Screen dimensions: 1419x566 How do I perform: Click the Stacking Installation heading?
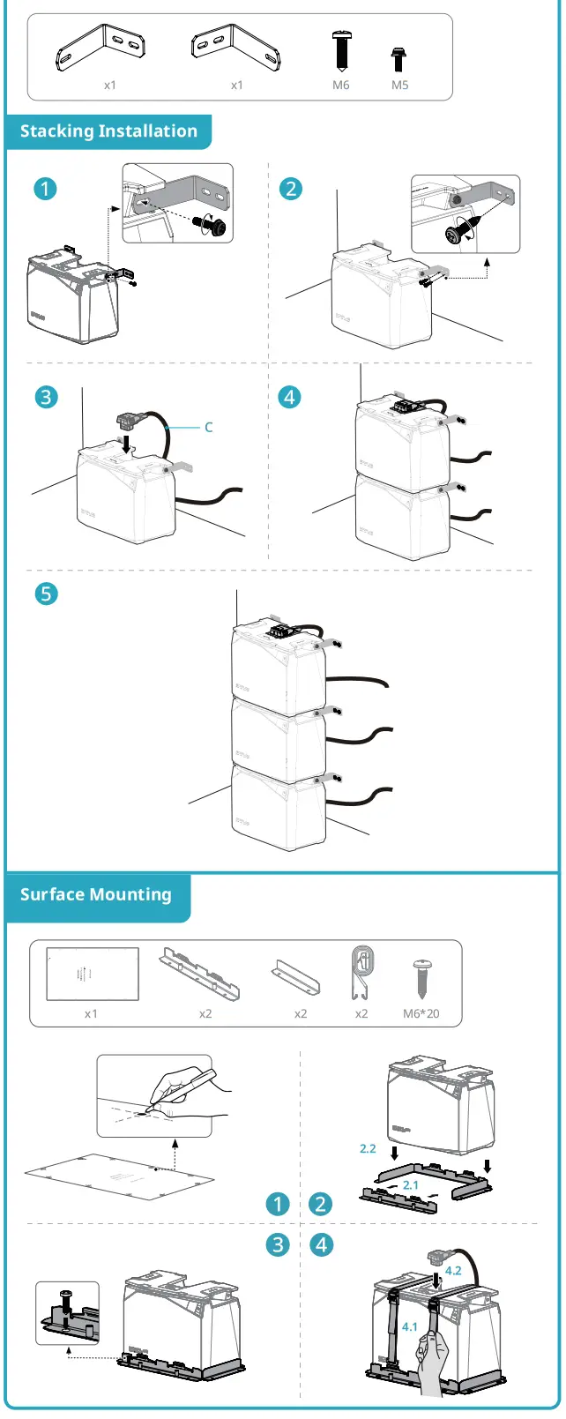coord(108,131)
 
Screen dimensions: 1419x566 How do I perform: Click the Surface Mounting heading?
coord(96,894)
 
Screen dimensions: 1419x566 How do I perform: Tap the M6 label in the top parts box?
coord(341,86)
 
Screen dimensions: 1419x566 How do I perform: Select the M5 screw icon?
coord(399,59)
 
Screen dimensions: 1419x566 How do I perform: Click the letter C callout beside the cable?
coord(209,428)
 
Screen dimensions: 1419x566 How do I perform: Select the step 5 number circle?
coord(46,594)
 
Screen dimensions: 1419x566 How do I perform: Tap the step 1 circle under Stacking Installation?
coord(45,189)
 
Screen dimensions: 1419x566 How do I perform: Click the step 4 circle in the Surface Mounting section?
coord(322,1244)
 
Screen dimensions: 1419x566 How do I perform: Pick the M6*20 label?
coord(421,1013)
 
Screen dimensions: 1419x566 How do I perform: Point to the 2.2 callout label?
coord(368,1148)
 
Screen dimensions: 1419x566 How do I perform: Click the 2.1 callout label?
coord(411,1184)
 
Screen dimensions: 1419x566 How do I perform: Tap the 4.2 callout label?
coord(453,1271)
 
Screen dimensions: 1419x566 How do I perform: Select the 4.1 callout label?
coord(410,1326)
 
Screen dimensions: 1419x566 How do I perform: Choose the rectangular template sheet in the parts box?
coord(93,975)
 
